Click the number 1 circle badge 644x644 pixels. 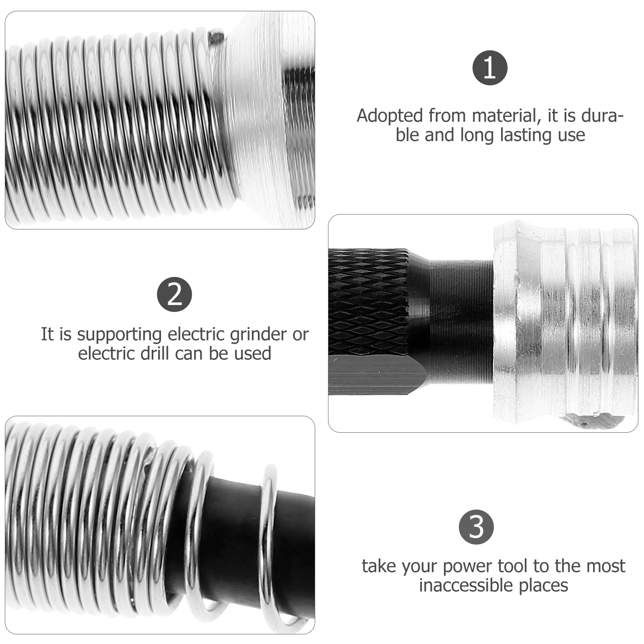tap(489, 68)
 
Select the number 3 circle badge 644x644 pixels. tap(476, 527)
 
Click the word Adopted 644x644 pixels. tap(390, 116)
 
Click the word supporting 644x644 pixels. tap(120, 335)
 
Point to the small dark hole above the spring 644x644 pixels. tap(216, 37)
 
